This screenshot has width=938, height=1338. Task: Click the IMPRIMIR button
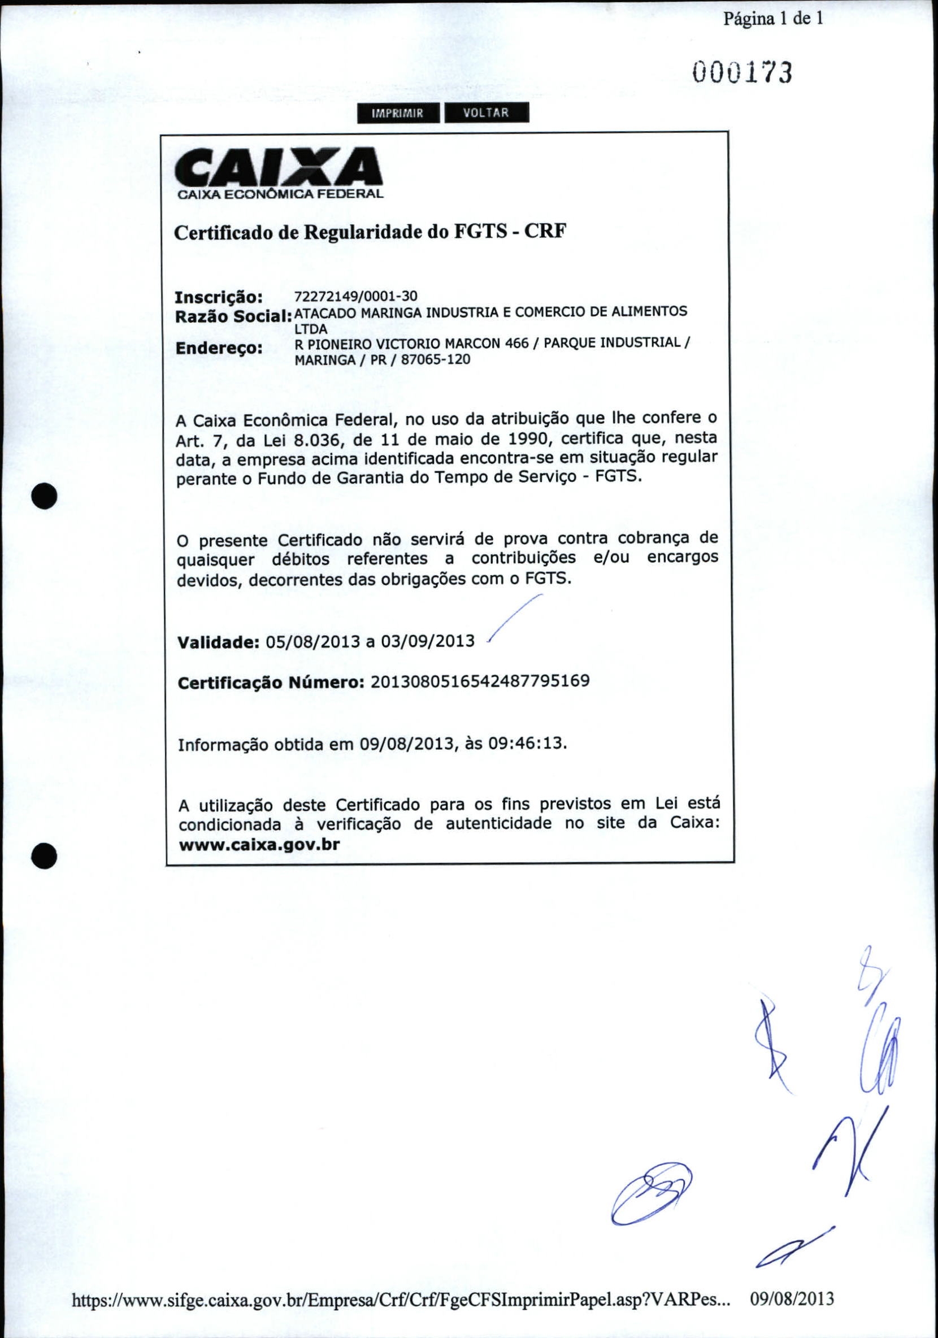tap(398, 113)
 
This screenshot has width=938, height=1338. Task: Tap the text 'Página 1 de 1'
tap(773, 19)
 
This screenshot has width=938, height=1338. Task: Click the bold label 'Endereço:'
tap(219, 349)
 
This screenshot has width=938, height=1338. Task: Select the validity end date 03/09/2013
tap(428, 642)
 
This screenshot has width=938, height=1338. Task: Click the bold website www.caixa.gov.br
tap(259, 844)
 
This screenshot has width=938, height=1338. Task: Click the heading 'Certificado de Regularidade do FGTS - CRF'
tap(371, 233)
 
